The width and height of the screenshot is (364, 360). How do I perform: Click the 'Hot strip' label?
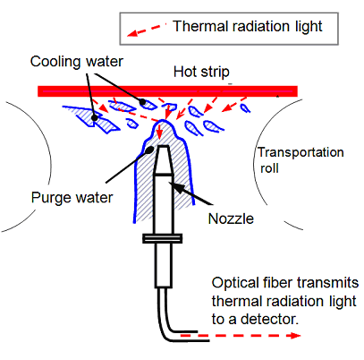[x=201, y=72]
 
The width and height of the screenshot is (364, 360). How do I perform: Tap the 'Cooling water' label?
[x=77, y=62]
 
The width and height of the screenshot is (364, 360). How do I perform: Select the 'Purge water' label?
[x=72, y=198]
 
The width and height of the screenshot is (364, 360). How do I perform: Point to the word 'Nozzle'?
[x=231, y=219]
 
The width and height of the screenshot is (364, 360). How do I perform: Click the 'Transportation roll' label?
[x=301, y=160]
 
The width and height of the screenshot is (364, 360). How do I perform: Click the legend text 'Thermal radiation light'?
[x=248, y=26]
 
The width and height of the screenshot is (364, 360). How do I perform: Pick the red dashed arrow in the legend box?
[x=146, y=30]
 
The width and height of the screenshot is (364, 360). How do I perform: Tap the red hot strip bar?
[x=167, y=91]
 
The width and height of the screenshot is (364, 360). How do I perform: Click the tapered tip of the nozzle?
[x=164, y=159]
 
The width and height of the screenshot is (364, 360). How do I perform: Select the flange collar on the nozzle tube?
[x=162, y=238]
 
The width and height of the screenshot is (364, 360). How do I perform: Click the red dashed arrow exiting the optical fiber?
[x=241, y=336]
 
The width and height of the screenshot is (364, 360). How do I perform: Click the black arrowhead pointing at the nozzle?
[x=176, y=186]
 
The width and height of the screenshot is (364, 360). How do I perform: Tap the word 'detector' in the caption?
[x=269, y=320]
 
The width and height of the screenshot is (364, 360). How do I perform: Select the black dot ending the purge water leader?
[x=150, y=150]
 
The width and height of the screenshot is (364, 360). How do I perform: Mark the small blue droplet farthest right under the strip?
[x=245, y=107]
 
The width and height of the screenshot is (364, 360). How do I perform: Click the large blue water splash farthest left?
[x=91, y=119]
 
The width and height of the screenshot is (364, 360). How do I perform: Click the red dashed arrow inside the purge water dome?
[x=160, y=132]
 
